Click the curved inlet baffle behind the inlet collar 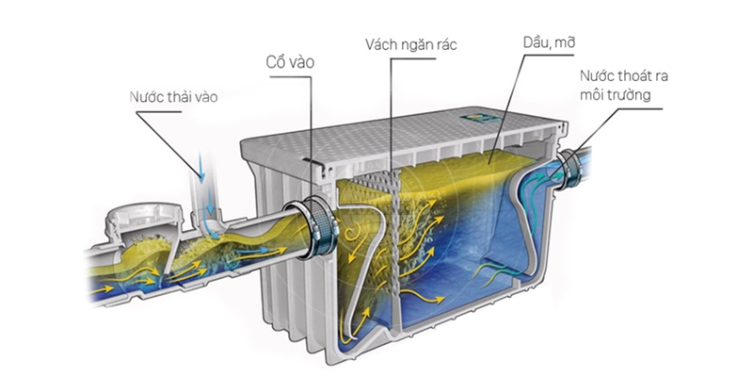362,273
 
